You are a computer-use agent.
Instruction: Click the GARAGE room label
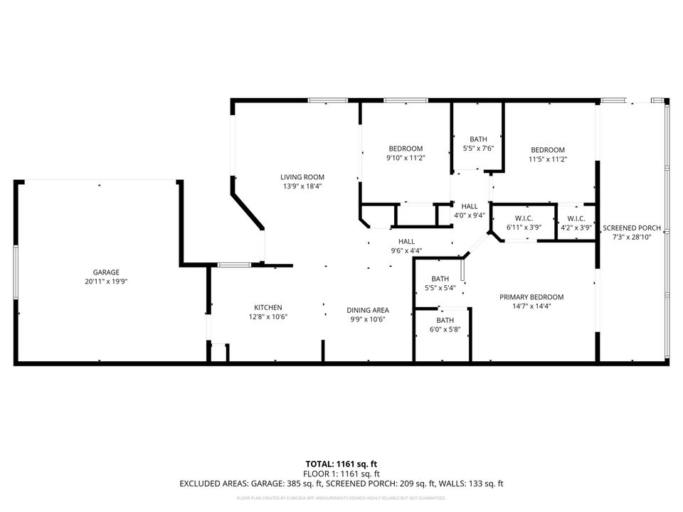click(x=105, y=272)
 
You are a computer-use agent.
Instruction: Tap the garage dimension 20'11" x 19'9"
click(x=105, y=282)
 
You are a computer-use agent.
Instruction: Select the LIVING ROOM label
click(x=302, y=177)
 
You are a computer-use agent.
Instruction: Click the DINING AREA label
click(x=367, y=310)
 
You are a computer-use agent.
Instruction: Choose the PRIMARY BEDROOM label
click(x=531, y=297)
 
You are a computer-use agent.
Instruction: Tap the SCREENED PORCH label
click(x=632, y=228)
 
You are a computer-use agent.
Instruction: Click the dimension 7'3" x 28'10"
click(x=632, y=237)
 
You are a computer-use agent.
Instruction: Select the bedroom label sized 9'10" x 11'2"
click(x=405, y=149)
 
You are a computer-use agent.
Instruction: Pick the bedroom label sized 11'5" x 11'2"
click(x=548, y=150)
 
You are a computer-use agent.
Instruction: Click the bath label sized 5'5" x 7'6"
click(x=478, y=139)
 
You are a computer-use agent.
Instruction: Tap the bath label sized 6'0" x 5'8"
click(x=445, y=320)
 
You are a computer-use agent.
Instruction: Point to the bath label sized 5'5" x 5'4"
click(x=440, y=279)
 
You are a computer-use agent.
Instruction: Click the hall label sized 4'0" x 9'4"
click(x=470, y=206)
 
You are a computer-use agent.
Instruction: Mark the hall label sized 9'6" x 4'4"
click(x=406, y=241)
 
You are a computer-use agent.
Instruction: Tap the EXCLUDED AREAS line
click(x=341, y=484)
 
